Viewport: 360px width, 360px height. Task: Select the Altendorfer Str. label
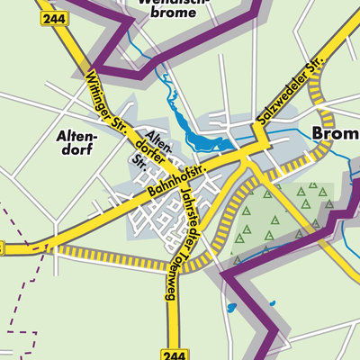coord(149,148)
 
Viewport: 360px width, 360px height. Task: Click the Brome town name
coord(334,134)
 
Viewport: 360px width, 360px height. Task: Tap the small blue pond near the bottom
coord(233,309)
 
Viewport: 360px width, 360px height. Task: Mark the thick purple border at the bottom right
coord(261,306)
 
